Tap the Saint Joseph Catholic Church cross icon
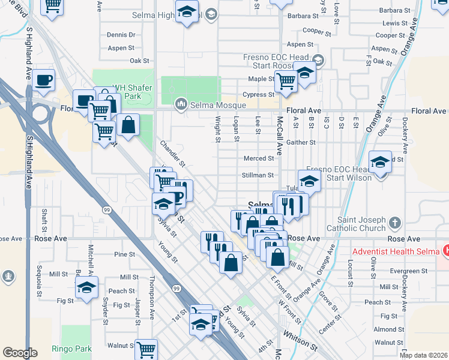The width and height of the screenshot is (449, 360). pyautogui.click(x=394, y=223)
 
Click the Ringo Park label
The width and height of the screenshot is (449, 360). pyautogui.click(x=71, y=348)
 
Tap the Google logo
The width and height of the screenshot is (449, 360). pyautogui.click(x=20, y=353)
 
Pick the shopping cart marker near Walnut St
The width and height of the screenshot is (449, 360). pyautogui.click(x=146, y=349)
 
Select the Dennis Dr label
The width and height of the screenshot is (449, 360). pyautogui.click(x=121, y=35)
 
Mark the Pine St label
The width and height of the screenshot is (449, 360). pyautogui.click(x=125, y=254)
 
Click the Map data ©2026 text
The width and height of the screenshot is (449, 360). pyautogui.click(x=423, y=355)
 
